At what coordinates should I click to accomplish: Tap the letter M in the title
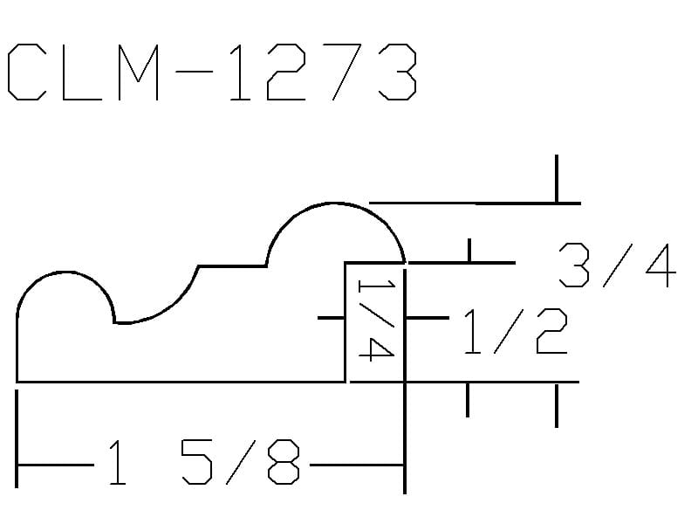pyautogui.click(x=139, y=72)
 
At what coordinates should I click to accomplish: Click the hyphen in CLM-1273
pyautogui.click(x=194, y=72)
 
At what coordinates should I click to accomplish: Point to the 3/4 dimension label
pyautogui.click(x=618, y=265)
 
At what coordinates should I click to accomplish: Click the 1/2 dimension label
pyautogui.click(x=516, y=331)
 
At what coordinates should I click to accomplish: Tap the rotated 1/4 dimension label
pyautogui.click(x=376, y=321)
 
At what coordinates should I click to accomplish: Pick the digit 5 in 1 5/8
pyautogui.click(x=197, y=462)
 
